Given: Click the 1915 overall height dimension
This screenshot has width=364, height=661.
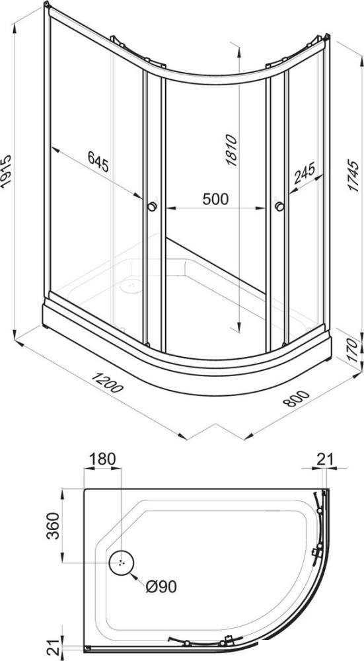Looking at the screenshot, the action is pos(6,171).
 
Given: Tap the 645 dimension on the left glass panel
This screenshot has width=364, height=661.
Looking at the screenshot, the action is pos(98,161).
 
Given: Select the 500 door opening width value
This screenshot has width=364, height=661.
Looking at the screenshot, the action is pos(215,198).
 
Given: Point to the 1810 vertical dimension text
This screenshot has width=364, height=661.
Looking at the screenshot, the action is pos(232,150).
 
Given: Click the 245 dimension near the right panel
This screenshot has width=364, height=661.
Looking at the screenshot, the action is pos(304,173).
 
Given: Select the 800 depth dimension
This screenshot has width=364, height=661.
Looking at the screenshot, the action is pos(296,399).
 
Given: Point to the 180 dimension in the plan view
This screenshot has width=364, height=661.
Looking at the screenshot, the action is pos(102,459).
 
